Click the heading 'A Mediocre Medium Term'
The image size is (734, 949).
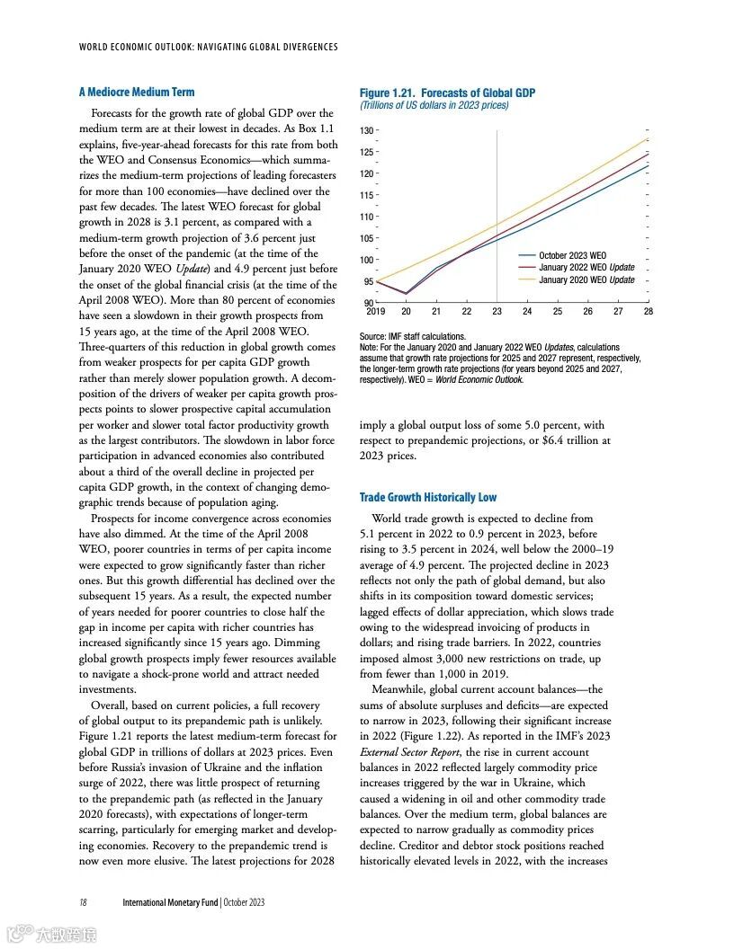pyautogui.click(x=136, y=92)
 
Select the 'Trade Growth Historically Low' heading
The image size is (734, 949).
pyautogui.click(x=427, y=497)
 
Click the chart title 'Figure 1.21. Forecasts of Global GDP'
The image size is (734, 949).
pyautogui.click(x=447, y=93)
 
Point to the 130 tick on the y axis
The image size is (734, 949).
pyautogui.click(x=366, y=131)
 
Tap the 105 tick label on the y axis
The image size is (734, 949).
pyautogui.click(x=366, y=239)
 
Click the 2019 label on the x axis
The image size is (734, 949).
pyautogui.click(x=376, y=311)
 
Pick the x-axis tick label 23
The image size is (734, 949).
pyautogui.click(x=497, y=311)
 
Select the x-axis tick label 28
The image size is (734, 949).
pyautogui.click(x=649, y=311)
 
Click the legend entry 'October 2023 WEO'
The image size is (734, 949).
pyautogui.click(x=572, y=256)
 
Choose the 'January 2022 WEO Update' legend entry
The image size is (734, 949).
pyautogui.click(x=586, y=268)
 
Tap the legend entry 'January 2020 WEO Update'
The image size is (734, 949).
pyautogui.click(x=586, y=279)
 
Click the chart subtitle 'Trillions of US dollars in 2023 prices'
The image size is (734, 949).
pyautogui.click(x=434, y=105)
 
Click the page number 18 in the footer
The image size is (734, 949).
pyautogui.click(x=83, y=902)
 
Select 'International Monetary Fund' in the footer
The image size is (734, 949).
pyautogui.click(x=171, y=902)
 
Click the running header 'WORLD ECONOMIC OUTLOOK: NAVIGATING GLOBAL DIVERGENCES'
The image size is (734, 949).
pyautogui.click(x=209, y=47)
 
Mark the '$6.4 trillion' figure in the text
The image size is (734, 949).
pyautogui.click(x=574, y=440)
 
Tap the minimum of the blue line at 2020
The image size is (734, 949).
pyautogui.click(x=407, y=293)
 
